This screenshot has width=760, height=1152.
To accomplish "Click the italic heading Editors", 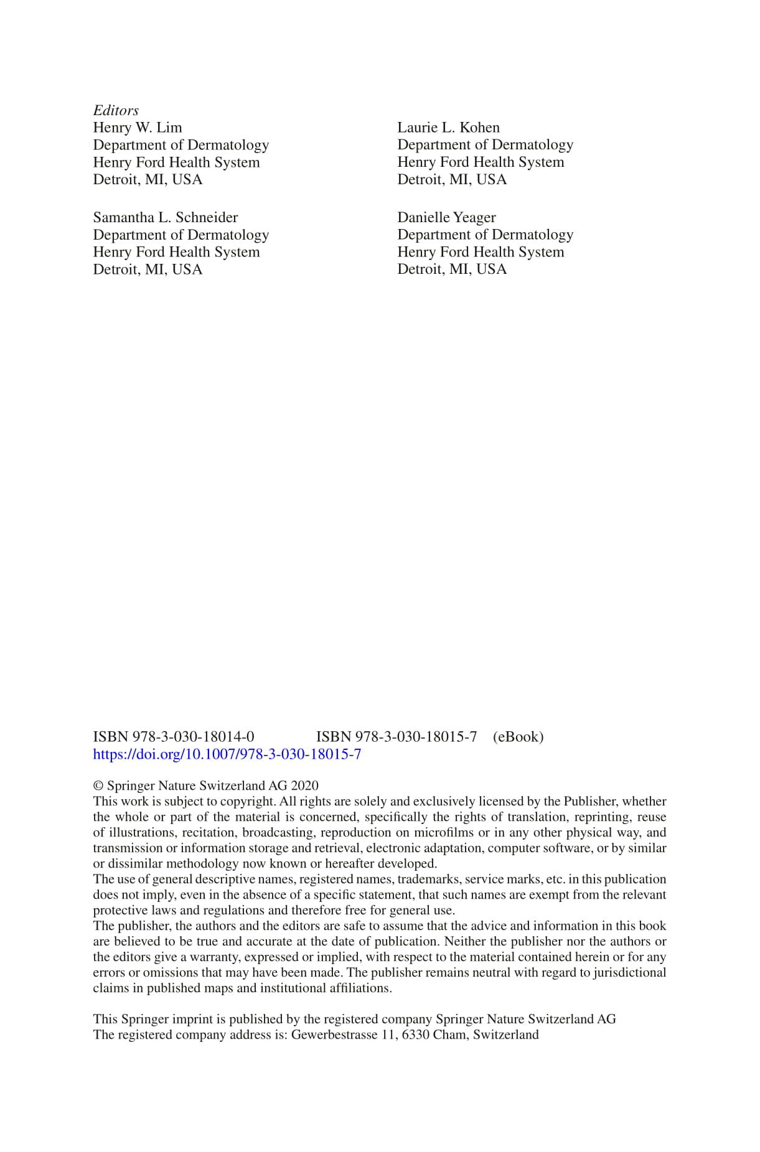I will coord(116,111).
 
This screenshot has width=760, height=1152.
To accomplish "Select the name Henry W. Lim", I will coord(138,128).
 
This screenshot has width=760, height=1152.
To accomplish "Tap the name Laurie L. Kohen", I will coord(448,128).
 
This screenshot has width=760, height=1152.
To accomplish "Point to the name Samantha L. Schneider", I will coord(166,218).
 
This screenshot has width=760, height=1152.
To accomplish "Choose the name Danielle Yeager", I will coord(446,218).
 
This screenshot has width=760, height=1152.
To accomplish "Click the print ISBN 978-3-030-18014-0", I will coord(174,737).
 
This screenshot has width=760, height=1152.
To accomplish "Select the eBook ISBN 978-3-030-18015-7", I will coord(396,737).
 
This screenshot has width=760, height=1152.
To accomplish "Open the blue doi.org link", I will coord(227,754).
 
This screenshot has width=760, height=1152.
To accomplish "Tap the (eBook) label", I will coord(518,737).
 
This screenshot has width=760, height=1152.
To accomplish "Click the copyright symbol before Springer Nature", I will coord(98,786).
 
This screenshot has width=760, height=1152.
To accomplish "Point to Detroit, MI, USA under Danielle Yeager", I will coord(452,269).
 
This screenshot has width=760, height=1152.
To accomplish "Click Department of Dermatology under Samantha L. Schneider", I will coord(181,235).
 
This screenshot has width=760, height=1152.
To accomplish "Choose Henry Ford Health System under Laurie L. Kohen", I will coord(481,162).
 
